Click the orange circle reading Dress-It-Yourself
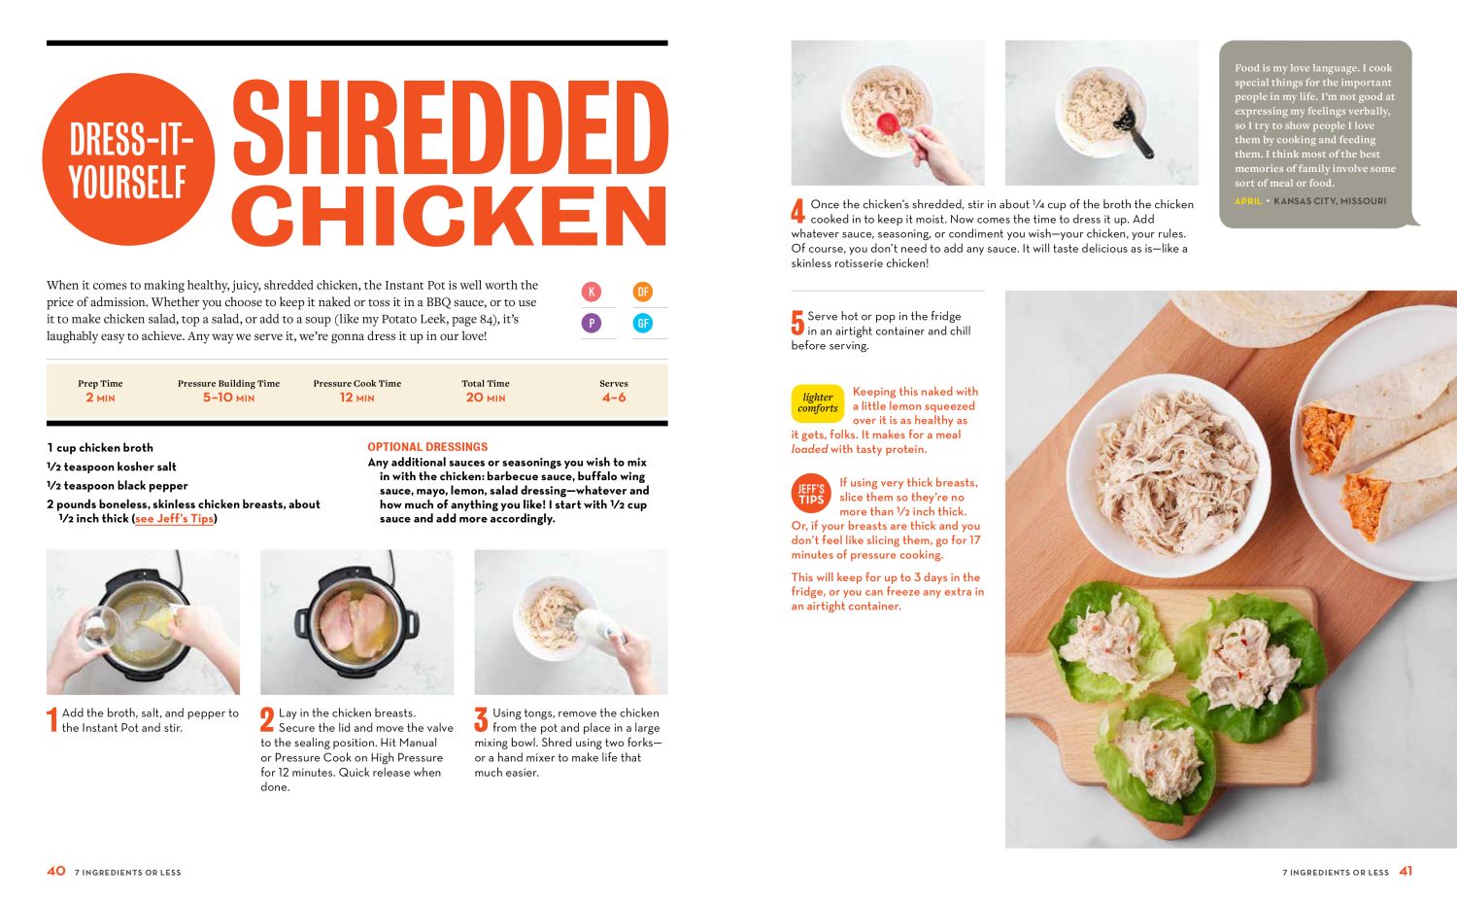(128, 159)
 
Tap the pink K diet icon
(591, 292)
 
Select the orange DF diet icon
(642, 292)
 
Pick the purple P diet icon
(591, 324)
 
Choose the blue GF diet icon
(642, 324)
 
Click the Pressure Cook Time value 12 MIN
(356, 398)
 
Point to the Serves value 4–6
(614, 398)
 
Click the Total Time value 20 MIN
(485, 398)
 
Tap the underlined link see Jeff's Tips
(174, 519)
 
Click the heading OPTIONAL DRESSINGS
(427, 447)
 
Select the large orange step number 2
(267, 720)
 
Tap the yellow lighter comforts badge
(818, 403)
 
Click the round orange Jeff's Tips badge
(811, 494)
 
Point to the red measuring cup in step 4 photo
(887, 124)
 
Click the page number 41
(1406, 872)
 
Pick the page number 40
(56, 872)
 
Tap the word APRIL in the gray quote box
(1248, 201)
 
